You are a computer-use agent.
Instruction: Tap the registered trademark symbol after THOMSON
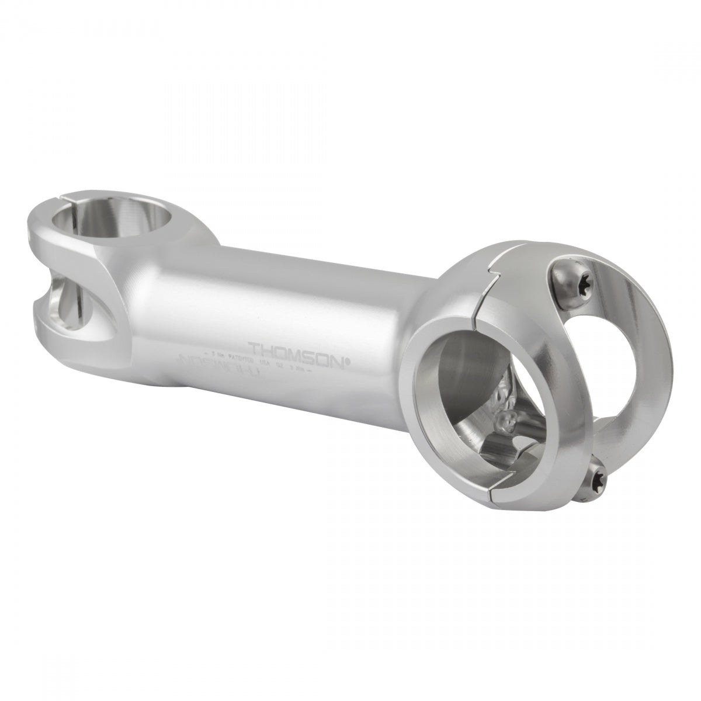(x=349, y=361)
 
